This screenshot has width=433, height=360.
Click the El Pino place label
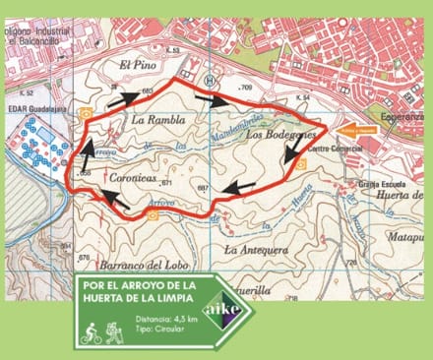point(137,65)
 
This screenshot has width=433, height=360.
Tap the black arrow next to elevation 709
point(214,99)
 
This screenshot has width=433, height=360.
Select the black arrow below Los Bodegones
point(293,150)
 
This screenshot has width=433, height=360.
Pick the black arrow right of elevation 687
point(239,186)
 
